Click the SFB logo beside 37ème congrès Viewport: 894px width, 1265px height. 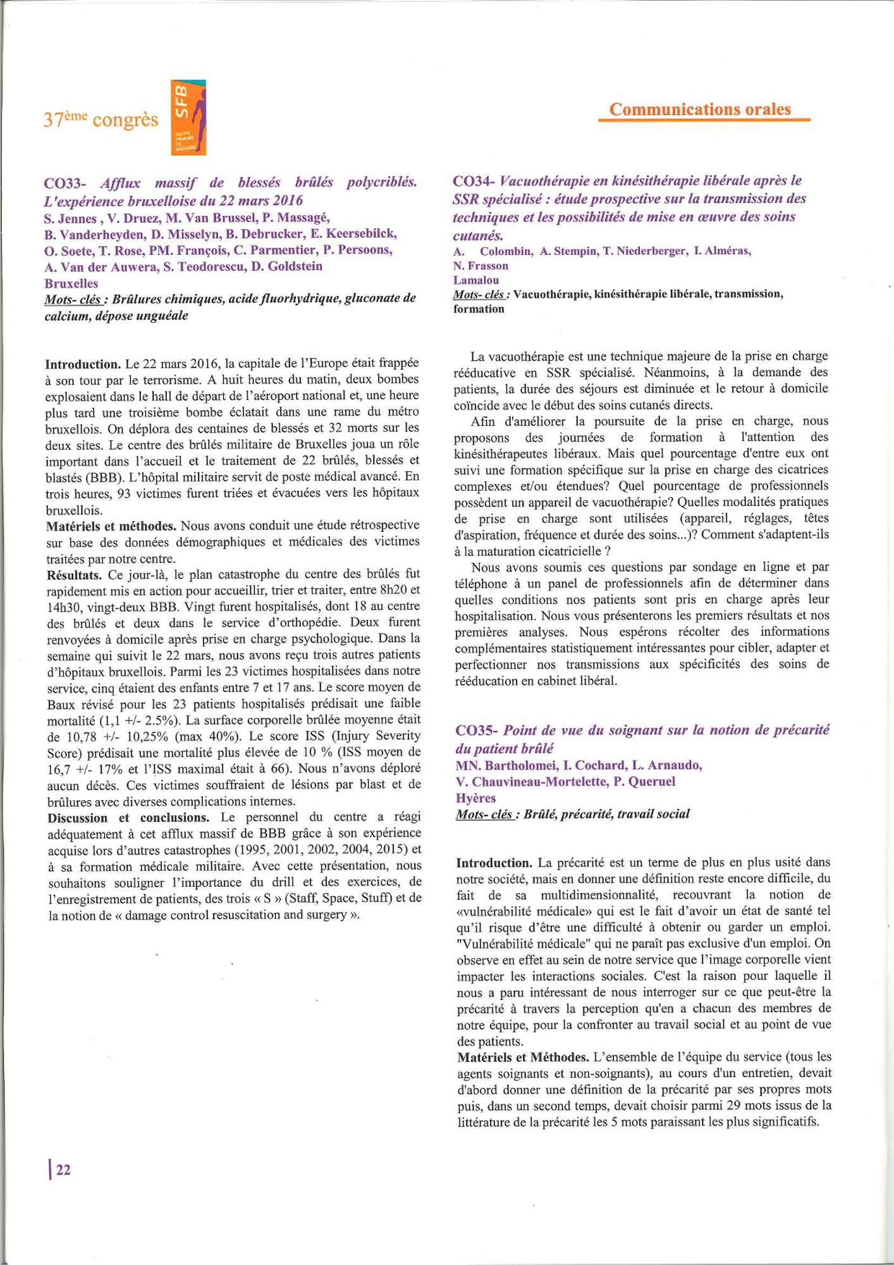[x=188, y=118]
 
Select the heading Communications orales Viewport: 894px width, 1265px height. [x=700, y=109]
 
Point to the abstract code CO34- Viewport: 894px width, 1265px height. [x=474, y=181]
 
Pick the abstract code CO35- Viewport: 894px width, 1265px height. [x=477, y=731]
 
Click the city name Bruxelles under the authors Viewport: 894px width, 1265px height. [x=71, y=283]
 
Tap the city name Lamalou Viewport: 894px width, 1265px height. [x=475, y=280]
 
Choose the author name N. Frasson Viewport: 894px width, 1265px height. [x=481, y=266]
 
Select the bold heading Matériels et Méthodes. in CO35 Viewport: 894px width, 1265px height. [x=522, y=1057]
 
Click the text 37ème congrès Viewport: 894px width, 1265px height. [x=101, y=120]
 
